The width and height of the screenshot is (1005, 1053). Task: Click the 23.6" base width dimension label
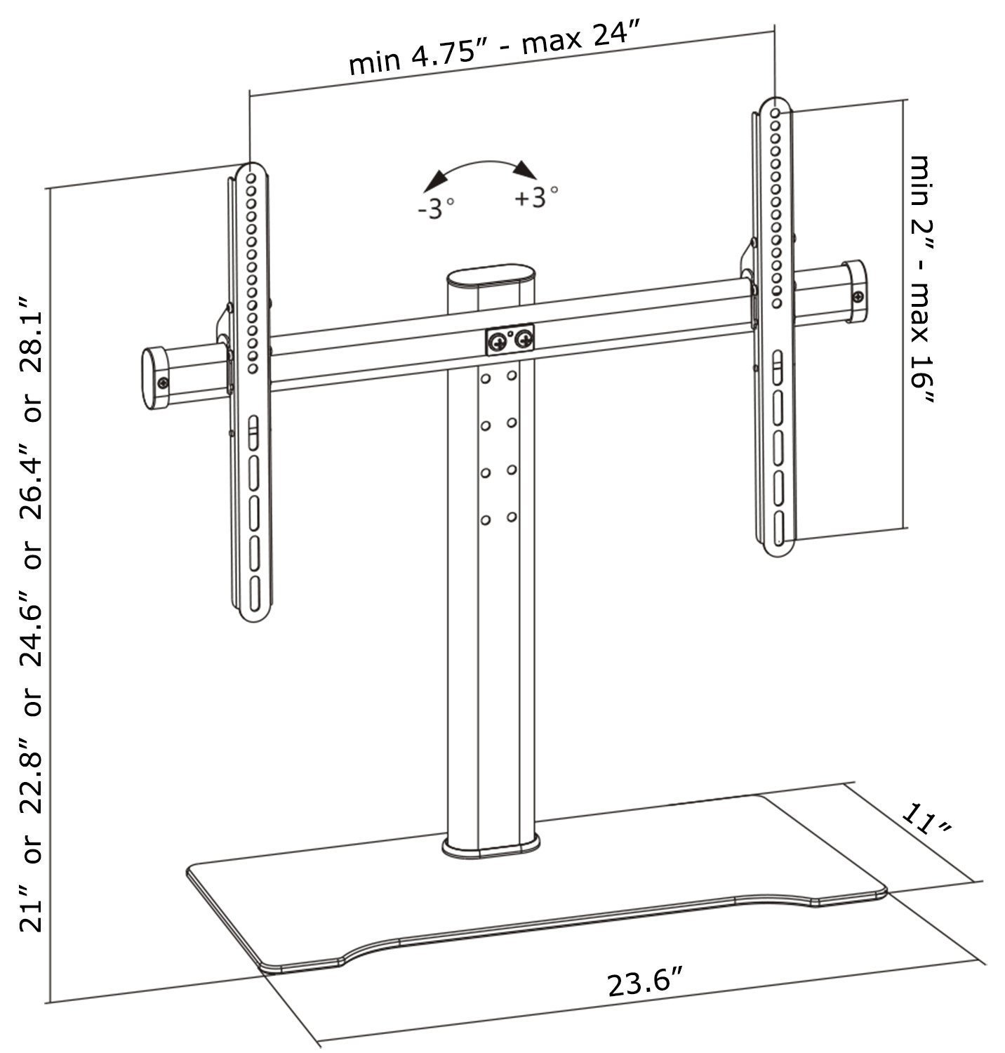coord(646,982)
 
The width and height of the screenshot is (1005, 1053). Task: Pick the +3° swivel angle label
coord(537,198)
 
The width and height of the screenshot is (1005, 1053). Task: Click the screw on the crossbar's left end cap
coord(163,383)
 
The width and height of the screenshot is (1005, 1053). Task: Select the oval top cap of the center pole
coord(492,276)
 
